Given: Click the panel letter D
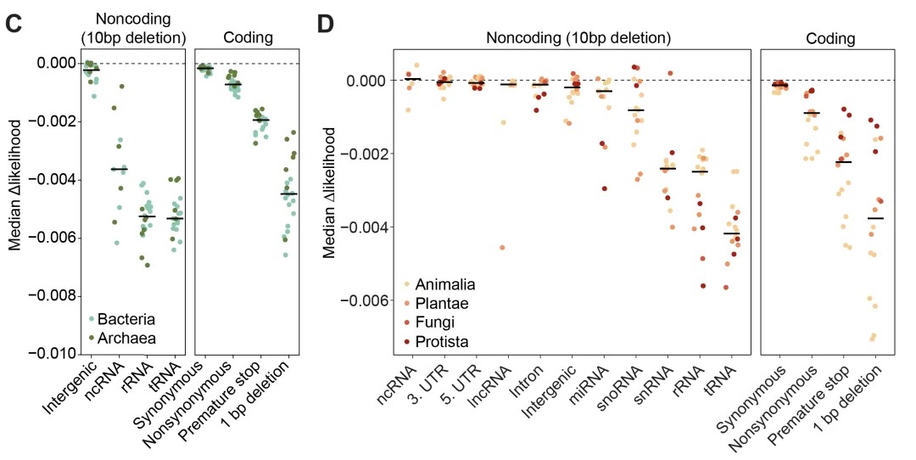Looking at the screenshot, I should pyautogui.click(x=327, y=24).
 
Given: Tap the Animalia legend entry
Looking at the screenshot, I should pyautogui.click(x=440, y=284).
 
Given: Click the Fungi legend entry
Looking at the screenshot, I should pyautogui.click(x=432, y=323).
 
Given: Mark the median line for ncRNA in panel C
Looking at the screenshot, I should pyautogui.click(x=120, y=169).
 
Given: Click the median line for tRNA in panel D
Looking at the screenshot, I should pyautogui.click(x=731, y=233).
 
